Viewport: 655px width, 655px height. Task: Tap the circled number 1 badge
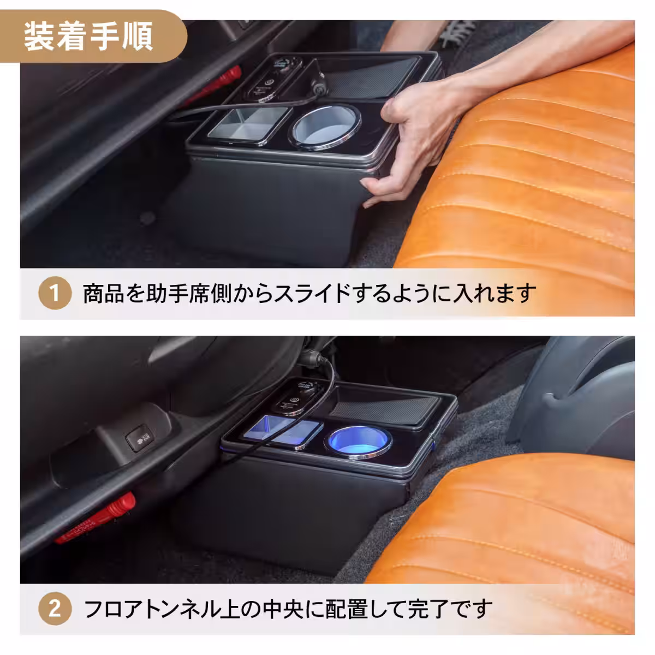point(55,294)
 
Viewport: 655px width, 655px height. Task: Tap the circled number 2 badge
point(55,608)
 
